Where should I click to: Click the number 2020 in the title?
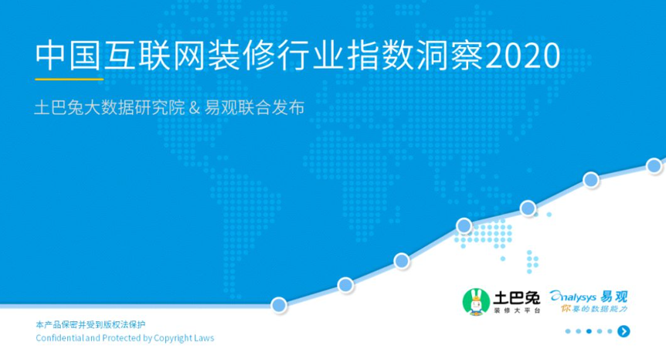tap(522, 56)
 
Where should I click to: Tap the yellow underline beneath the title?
tap(70, 79)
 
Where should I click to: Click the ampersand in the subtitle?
tap(194, 108)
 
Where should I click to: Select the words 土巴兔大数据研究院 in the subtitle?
tap(110, 108)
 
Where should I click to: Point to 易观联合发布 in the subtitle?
tap(254, 108)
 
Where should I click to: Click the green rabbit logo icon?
tap(476, 302)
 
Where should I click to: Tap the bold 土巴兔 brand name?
tap(516, 297)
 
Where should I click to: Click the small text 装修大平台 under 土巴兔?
tap(517, 311)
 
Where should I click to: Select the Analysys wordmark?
tap(573, 297)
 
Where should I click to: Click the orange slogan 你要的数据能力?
tap(594, 309)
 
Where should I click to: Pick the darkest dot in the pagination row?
tap(589, 331)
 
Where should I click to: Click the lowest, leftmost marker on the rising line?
tap(279, 305)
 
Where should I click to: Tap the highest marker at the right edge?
tap(654, 165)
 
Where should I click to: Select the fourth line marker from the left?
tap(464, 226)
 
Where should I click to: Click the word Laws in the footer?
tap(204, 338)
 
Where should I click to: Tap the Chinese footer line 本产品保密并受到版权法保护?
tap(90, 324)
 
